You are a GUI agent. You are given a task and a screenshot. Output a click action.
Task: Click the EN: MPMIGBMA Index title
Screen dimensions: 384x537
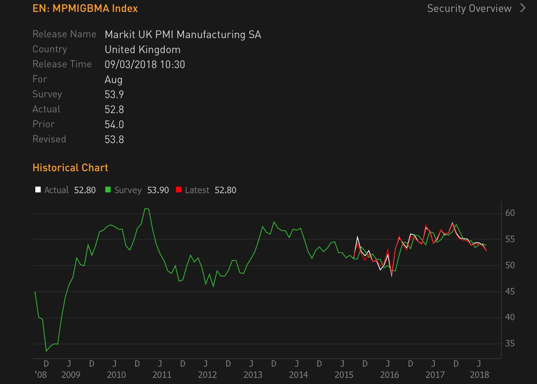pos(85,8)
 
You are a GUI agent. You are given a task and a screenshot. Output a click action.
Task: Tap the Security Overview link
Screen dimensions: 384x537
pos(469,8)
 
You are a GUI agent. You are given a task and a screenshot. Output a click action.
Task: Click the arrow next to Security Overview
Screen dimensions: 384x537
pos(523,8)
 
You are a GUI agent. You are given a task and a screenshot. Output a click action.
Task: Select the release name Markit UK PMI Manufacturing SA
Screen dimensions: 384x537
pos(183,35)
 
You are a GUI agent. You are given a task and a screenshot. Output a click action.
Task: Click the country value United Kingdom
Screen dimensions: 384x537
pos(143,50)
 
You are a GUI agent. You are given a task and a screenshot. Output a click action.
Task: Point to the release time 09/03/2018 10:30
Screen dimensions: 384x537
pos(145,64)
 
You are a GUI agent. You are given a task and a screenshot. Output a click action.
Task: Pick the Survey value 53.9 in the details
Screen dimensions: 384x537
pos(114,94)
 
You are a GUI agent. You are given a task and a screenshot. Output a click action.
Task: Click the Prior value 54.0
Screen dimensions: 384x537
pos(114,124)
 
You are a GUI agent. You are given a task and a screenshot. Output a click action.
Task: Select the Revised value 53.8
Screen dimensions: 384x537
pos(114,139)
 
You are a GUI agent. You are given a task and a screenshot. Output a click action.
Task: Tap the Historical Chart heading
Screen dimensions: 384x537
pos(70,168)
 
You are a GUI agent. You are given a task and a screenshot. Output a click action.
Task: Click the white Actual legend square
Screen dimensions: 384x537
pos(38,190)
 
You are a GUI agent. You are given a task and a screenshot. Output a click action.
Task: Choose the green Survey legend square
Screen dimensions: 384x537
pos(108,190)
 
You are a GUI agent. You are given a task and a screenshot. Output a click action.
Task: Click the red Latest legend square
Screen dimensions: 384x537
pos(179,190)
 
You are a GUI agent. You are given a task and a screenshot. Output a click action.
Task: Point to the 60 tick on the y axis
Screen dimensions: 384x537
pos(510,213)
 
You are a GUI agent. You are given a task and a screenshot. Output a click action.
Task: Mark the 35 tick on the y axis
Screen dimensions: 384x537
pos(510,343)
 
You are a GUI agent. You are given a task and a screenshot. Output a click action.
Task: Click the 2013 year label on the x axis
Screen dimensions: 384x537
pos(253,375)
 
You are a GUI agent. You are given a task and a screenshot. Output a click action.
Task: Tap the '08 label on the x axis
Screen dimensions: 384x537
pos(40,375)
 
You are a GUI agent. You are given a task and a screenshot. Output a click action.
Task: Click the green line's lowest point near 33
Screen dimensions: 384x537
pos(46,351)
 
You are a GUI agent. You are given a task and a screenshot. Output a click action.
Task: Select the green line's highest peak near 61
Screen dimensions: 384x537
pos(146,209)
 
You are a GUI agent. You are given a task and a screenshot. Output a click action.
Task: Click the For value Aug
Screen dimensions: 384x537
pos(113,80)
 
